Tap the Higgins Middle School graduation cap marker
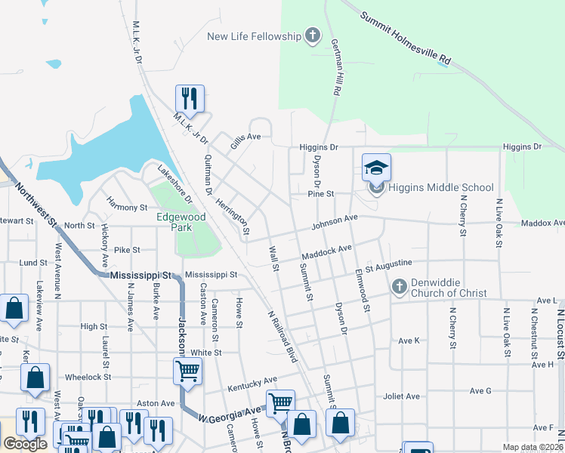pos(376,167)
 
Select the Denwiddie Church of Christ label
pos(449,288)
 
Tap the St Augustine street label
pos(389,264)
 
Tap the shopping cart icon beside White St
pos(187,371)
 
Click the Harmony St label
pos(126,207)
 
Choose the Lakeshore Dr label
pos(174,183)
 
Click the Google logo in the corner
pos(25,444)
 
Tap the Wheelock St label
pos(88,377)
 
